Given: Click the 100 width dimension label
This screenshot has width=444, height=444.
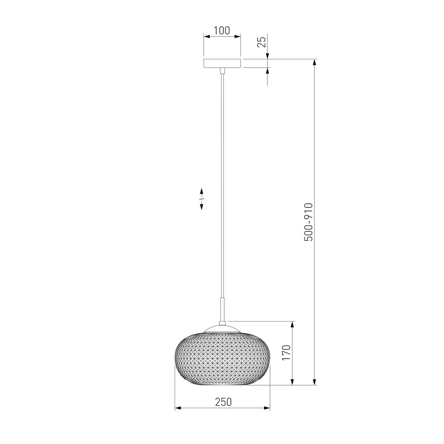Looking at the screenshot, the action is pos(222,31).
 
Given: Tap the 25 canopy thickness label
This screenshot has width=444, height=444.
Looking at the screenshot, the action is pos(262,42).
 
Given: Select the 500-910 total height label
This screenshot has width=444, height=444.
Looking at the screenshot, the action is pos(309,222).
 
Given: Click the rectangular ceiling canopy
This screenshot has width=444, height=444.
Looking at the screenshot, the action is pos(222,63).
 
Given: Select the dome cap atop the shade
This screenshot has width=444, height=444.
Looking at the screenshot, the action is pos(222,329).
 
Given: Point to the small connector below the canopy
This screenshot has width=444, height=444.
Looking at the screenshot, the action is pos(222,71).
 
